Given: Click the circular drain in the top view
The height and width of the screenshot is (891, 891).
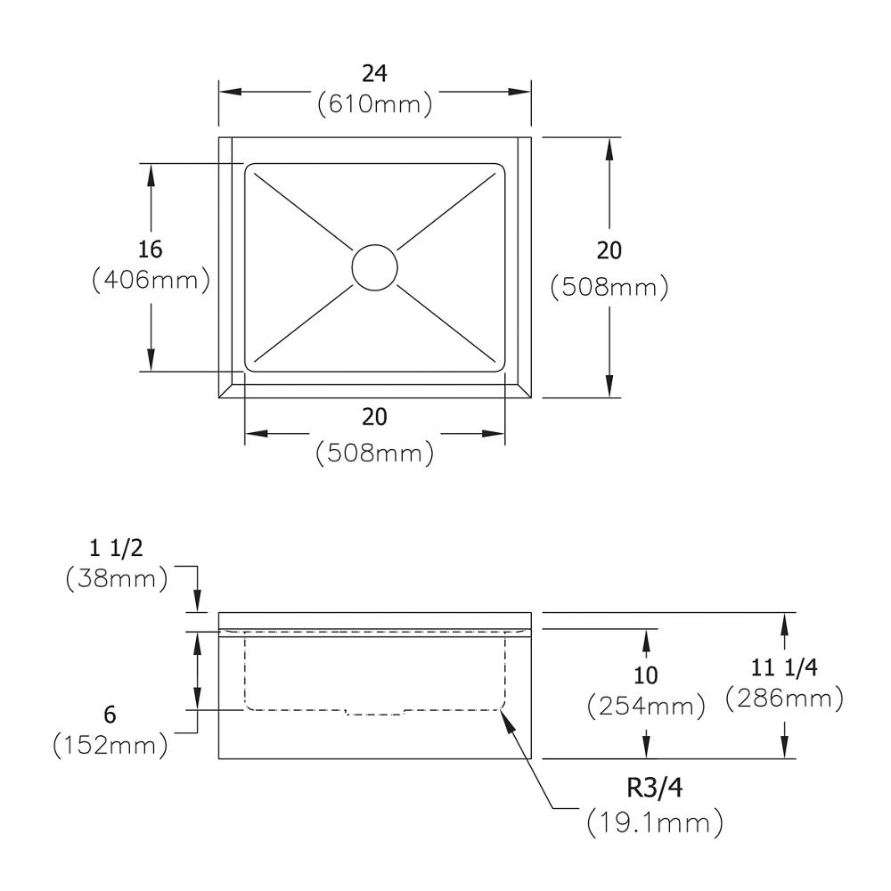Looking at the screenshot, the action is (x=374, y=267).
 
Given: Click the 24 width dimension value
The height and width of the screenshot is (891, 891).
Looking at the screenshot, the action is (x=374, y=73).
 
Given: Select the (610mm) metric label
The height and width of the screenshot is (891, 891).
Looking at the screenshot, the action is (x=374, y=104).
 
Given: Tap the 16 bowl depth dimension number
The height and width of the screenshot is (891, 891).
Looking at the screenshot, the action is (x=150, y=249).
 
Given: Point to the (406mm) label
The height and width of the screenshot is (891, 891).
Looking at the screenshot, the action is (x=151, y=280).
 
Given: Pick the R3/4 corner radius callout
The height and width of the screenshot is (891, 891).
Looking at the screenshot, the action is (x=655, y=788).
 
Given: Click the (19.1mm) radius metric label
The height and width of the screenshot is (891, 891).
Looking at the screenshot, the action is (x=655, y=822).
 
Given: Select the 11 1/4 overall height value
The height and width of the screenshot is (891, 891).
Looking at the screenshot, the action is (x=784, y=667).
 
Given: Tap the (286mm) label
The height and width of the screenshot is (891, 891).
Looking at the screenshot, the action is (x=784, y=699).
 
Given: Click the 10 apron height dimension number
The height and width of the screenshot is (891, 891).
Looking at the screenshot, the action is (x=645, y=675).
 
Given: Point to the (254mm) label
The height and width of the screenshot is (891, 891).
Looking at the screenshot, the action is (x=645, y=707).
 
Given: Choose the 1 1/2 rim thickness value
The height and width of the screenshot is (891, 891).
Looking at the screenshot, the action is (x=116, y=548).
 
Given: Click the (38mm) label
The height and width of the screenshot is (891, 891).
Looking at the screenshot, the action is (x=117, y=579).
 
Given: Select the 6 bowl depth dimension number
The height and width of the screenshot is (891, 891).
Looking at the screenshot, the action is (x=110, y=715).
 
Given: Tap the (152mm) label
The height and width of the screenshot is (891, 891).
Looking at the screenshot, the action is (x=110, y=745).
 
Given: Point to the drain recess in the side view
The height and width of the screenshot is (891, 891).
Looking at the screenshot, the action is (x=375, y=712).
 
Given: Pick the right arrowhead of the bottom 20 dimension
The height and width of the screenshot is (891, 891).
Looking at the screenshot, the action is (x=494, y=434).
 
